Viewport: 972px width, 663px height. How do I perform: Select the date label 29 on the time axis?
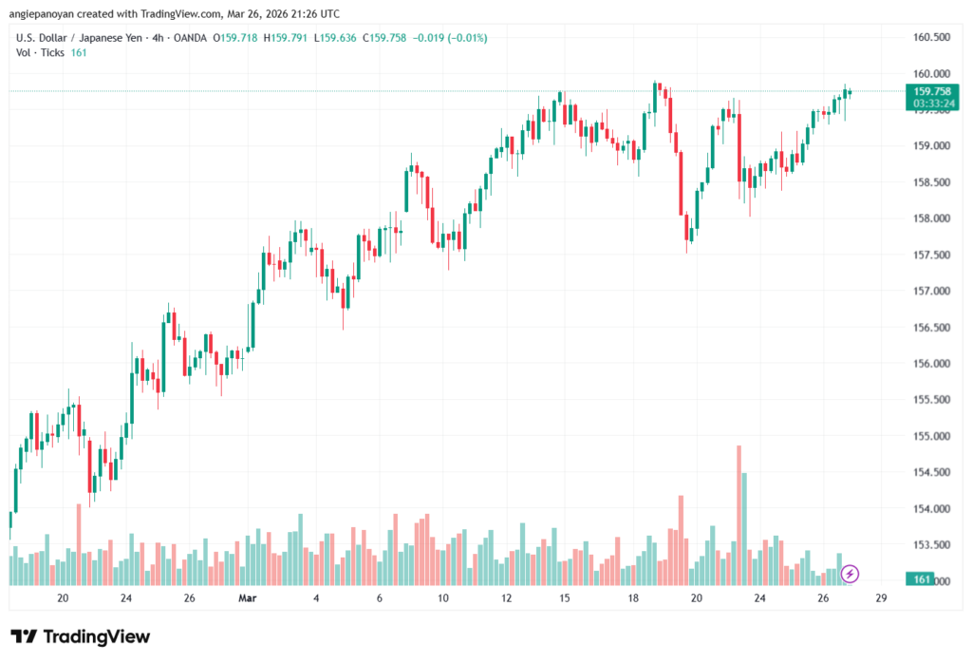click(881, 598)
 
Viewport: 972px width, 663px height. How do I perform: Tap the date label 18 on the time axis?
click(633, 598)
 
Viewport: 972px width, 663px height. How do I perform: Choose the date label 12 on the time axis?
click(507, 598)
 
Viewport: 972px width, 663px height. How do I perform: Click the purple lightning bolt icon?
click(850, 574)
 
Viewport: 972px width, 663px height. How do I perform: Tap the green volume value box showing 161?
click(919, 579)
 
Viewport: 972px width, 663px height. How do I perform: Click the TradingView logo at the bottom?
click(80, 637)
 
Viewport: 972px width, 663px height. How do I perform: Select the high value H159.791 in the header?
click(290, 38)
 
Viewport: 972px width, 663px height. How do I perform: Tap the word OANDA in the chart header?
click(189, 38)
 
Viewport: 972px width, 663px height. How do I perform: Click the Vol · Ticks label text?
click(39, 52)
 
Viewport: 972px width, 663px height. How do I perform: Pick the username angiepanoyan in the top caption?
click(56, 14)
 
